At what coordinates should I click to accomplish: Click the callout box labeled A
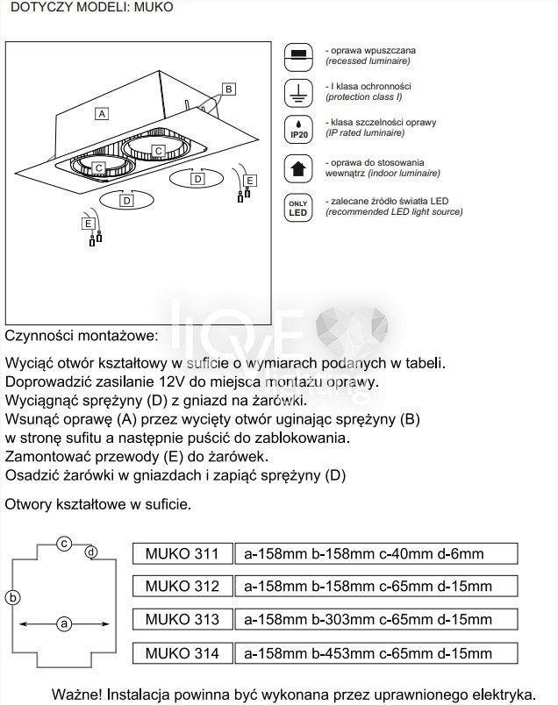(x=102, y=113)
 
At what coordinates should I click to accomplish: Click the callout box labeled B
(x=228, y=89)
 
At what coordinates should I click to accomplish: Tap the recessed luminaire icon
(x=299, y=55)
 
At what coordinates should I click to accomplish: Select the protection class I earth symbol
(x=299, y=92)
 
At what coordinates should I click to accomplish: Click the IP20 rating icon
(x=299, y=129)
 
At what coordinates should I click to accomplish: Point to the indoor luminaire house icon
(x=299, y=167)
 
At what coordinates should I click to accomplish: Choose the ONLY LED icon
(x=299, y=207)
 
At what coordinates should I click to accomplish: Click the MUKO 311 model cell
(x=182, y=554)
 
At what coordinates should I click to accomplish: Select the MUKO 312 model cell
(x=182, y=586)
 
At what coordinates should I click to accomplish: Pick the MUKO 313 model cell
(x=182, y=620)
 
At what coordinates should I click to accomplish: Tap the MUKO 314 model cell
(x=182, y=653)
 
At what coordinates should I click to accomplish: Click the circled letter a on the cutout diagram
(x=63, y=624)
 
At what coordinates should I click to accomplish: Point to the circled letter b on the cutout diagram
(x=12, y=598)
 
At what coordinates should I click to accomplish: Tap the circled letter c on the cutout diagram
(x=64, y=544)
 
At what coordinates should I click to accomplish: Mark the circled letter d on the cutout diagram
(x=92, y=552)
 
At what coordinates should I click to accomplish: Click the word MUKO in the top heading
(x=154, y=7)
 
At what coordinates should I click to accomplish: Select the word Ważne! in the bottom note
(x=78, y=693)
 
